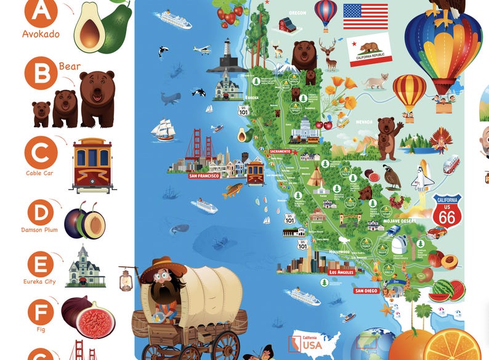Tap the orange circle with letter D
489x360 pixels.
41,213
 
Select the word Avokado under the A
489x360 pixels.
41,34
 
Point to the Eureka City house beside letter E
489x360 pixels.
86,266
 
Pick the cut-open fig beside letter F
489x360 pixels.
95,319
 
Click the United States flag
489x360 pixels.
365,17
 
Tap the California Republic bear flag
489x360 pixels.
370,51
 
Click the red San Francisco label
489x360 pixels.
204,176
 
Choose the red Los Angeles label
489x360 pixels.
342,272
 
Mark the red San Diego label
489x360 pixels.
366,290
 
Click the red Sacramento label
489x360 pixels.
280,151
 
